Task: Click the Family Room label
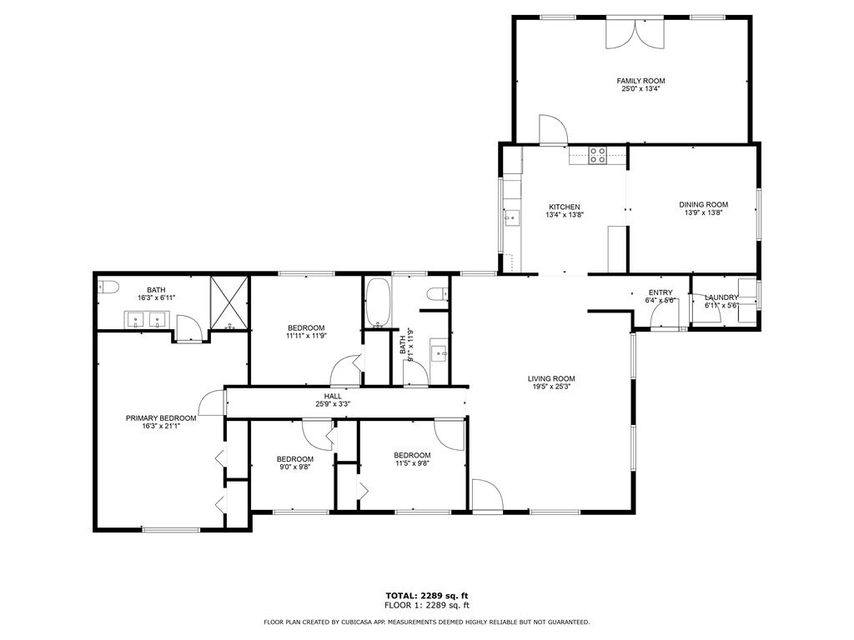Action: click(640, 81)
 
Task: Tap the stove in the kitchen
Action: click(597, 155)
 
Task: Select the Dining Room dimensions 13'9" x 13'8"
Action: click(704, 212)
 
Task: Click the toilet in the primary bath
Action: click(108, 287)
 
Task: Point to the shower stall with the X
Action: click(229, 303)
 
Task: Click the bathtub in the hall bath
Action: click(377, 303)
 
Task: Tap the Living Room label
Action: click(551, 379)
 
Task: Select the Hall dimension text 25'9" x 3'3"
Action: click(333, 404)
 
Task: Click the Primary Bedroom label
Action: click(161, 418)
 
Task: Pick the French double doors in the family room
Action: click(635, 33)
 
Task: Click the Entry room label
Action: click(661, 292)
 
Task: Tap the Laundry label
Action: click(721, 297)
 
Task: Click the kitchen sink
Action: click(512, 218)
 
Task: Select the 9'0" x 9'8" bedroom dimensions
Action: click(295, 467)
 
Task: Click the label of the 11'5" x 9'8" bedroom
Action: click(412, 455)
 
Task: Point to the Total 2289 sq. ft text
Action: click(427, 595)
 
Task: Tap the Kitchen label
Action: click(565, 207)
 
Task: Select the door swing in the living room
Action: click(487, 495)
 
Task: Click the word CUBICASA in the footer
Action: click(359, 622)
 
